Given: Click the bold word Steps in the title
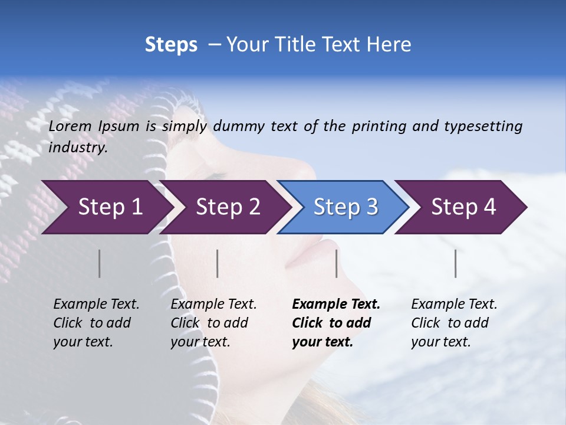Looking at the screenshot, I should click(171, 45).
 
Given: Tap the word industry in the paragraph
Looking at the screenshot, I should click(78, 148).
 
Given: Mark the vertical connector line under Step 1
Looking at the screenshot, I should click(100, 263).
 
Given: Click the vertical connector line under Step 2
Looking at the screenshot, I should click(218, 263).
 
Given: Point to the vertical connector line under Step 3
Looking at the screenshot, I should click(337, 263).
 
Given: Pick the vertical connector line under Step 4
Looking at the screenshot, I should click(456, 263).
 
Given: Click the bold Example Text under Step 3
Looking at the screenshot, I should click(336, 305).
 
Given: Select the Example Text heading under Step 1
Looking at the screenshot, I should click(96, 305).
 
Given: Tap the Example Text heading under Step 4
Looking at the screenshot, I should click(454, 305).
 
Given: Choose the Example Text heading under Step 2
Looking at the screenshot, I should click(213, 305).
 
